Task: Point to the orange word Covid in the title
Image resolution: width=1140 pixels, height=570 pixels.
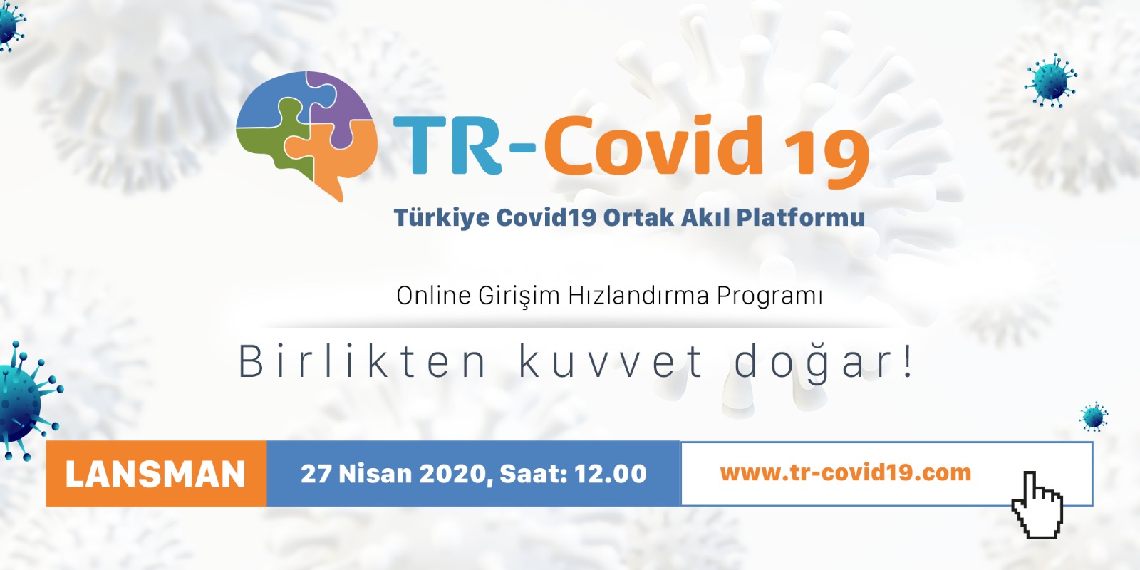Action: tap(653, 145)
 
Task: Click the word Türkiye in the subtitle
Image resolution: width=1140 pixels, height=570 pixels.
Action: tap(442, 218)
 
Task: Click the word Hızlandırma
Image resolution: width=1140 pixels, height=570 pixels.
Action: tap(638, 296)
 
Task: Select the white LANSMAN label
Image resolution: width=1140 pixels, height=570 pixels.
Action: tap(156, 475)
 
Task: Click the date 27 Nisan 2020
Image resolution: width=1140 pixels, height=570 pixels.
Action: tap(395, 474)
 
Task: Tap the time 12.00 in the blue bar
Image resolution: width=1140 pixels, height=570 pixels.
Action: tap(610, 474)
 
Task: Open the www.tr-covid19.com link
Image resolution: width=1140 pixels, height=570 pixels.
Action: tap(845, 473)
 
